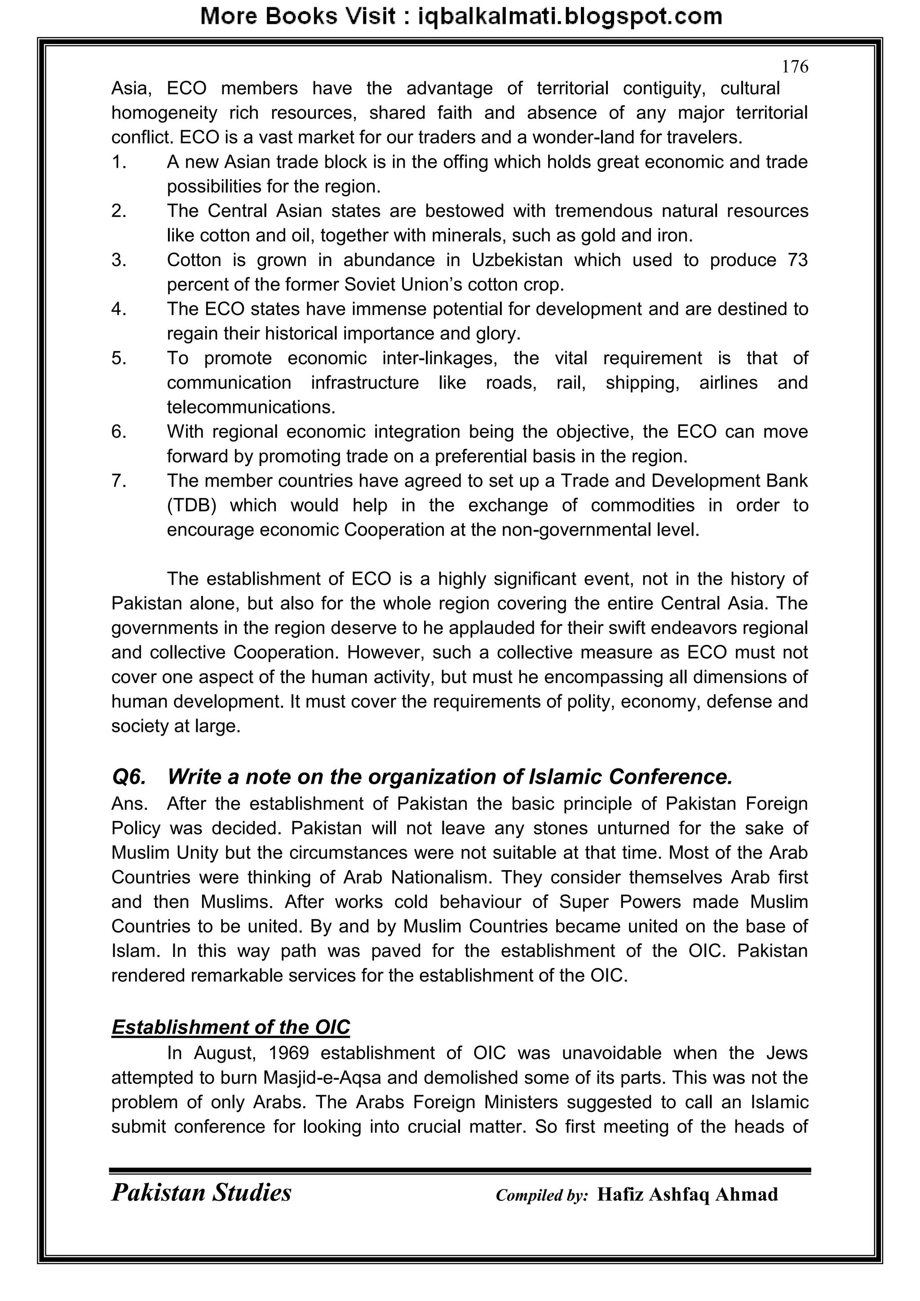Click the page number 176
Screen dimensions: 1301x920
pyautogui.click(x=795, y=67)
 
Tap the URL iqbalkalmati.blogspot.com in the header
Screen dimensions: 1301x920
pyautogui.click(x=570, y=17)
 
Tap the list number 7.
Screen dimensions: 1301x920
pyautogui.click(x=119, y=481)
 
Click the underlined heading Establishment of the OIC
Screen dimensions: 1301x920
pyautogui.click(x=230, y=1027)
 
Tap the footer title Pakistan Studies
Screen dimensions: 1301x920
pyautogui.click(x=201, y=1193)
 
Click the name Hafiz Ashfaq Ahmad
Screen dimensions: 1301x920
pyautogui.click(x=687, y=1194)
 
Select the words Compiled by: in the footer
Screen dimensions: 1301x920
pyautogui.click(x=542, y=1195)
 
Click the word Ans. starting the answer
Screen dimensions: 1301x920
pyautogui.click(x=130, y=804)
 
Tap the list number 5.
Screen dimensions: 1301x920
pyautogui.click(x=119, y=358)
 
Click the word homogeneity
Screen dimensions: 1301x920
pyautogui.click(x=164, y=113)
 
